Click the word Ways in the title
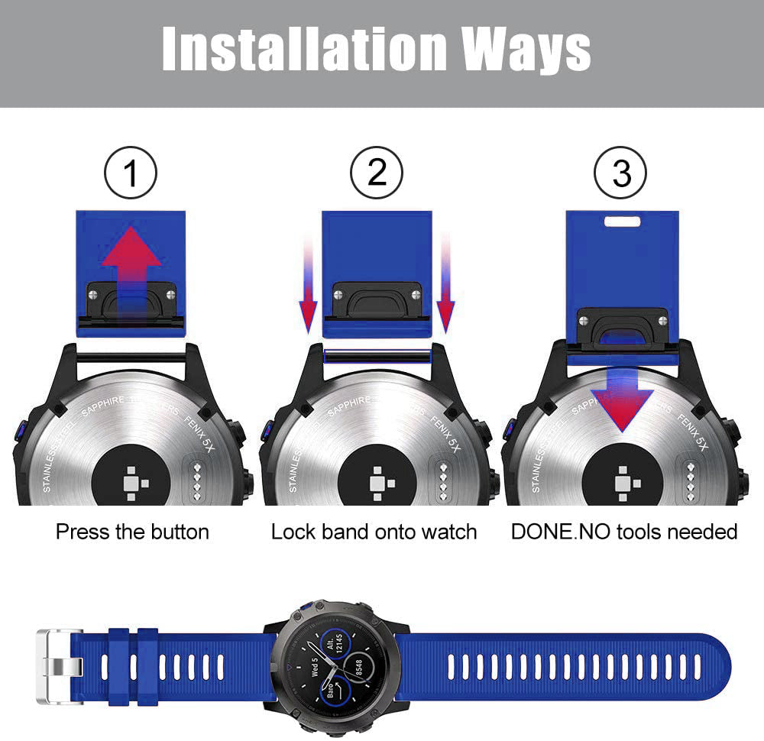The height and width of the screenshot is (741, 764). [527, 50]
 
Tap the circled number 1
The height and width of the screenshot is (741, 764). [131, 173]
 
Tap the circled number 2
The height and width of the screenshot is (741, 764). [377, 173]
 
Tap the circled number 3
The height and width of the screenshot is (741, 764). [621, 173]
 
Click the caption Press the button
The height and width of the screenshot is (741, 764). [132, 532]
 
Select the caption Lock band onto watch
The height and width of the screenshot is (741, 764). [374, 532]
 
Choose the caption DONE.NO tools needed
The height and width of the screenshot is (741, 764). [624, 532]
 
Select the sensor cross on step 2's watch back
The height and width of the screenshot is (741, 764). [377, 482]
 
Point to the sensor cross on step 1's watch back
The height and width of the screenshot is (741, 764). [131, 482]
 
